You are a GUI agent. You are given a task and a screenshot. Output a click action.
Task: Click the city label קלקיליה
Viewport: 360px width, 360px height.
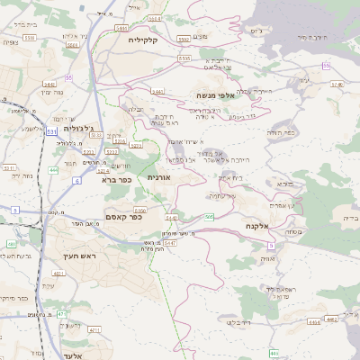point(143,40)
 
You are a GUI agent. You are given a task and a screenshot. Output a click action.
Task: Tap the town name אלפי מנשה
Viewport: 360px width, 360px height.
point(215,94)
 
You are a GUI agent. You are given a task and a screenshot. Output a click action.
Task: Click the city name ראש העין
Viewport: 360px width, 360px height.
point(90,256)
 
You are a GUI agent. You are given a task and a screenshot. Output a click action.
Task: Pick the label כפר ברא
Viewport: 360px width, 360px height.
point(113,178)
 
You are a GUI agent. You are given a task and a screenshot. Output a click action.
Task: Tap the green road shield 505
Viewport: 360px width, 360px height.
point(209,217)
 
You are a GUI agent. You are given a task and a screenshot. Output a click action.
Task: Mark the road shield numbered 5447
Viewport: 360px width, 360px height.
point(144,242)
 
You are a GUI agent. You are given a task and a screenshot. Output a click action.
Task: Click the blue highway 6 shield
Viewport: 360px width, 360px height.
point(76,181)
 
